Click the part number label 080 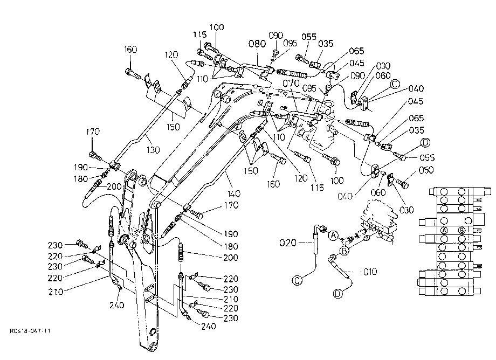257,44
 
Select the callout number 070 291,84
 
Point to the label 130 153,150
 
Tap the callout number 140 233,193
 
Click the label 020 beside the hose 288,243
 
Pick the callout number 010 369,272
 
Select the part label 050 426,170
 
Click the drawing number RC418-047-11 30,331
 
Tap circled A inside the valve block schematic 444,230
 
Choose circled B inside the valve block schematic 462,230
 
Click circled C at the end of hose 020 297,280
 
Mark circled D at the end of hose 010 338,294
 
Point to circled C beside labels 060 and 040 395,84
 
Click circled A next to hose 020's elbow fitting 333,235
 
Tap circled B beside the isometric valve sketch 344,252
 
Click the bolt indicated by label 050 402,183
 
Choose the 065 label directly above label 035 416,118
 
